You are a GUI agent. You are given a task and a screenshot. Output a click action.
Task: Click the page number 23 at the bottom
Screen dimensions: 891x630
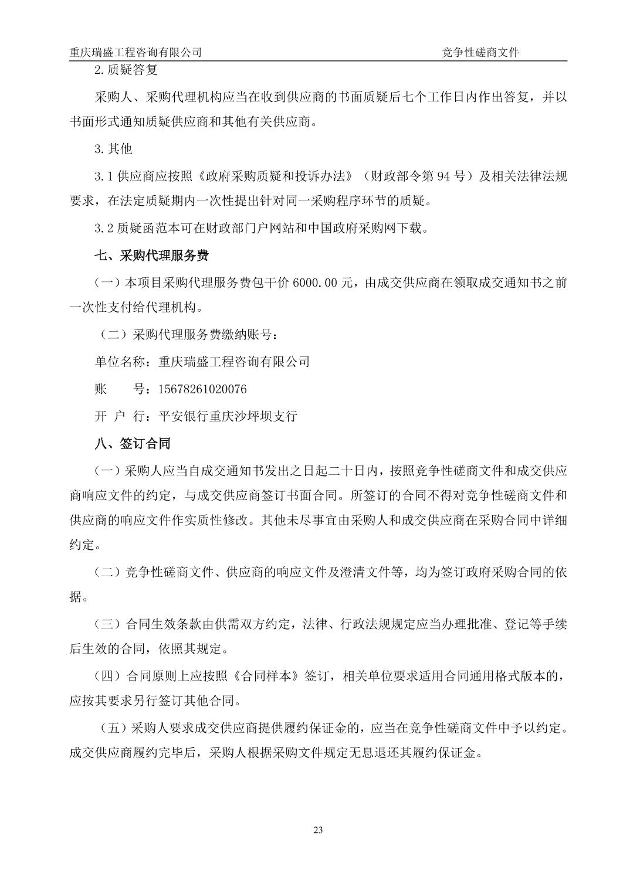pos(319,829)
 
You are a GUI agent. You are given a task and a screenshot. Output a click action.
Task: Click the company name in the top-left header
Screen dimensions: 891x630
pos(136,52)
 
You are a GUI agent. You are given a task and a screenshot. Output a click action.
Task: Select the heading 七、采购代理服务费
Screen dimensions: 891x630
pos(152,256)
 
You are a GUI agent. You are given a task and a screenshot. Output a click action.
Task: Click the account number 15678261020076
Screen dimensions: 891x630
pos(202,389)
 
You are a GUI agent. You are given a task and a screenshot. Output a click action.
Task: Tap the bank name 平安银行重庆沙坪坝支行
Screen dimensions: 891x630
pos(228,416)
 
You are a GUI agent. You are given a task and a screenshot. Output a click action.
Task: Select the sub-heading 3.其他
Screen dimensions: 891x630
pos(113,149)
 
